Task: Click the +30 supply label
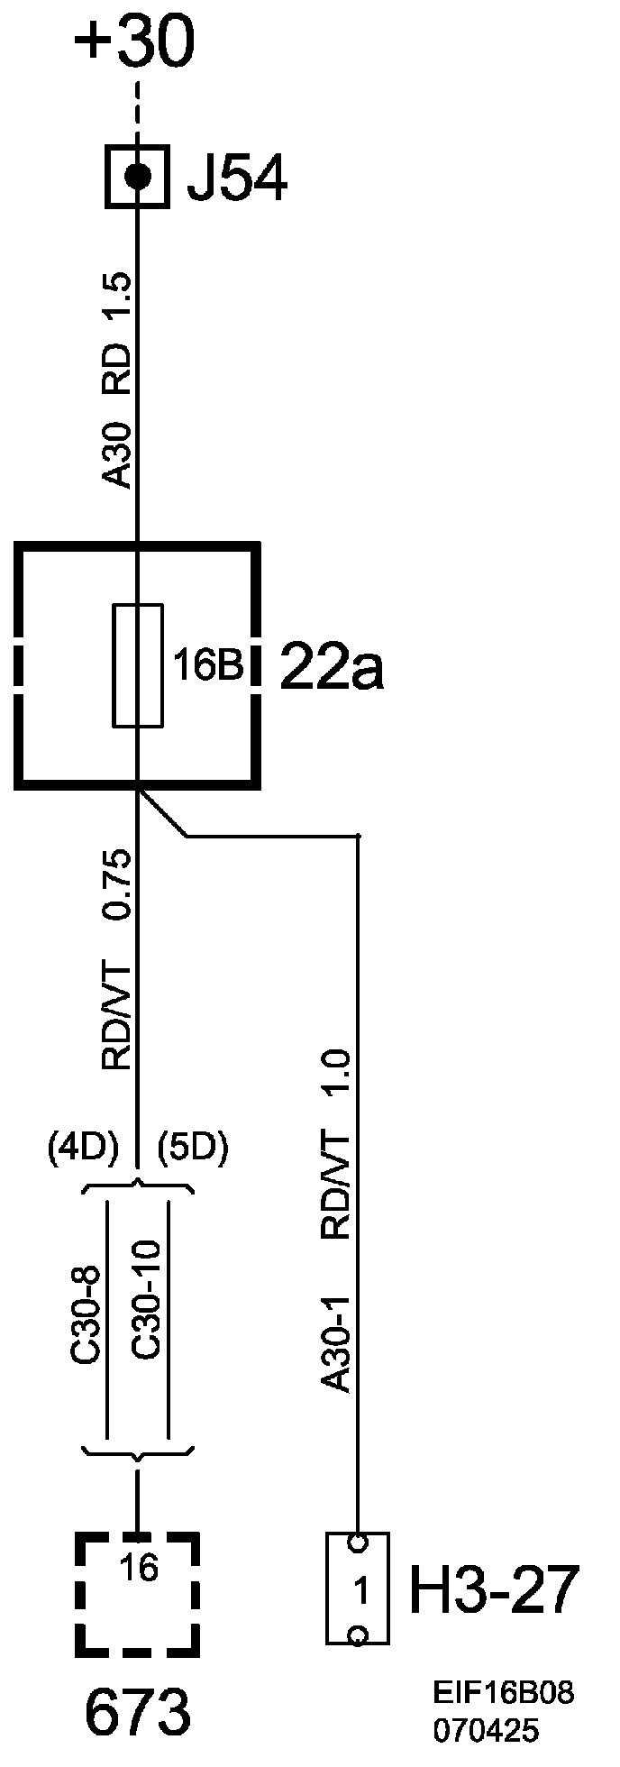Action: coord(136,44)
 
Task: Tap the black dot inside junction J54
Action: coord(138,176)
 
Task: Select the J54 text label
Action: coord(237,179)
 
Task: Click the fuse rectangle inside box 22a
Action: coord(138,665)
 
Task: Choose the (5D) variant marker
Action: coord(192,1148)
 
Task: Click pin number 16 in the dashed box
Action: coord(137,1568)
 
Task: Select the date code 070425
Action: coord(486,1730)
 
